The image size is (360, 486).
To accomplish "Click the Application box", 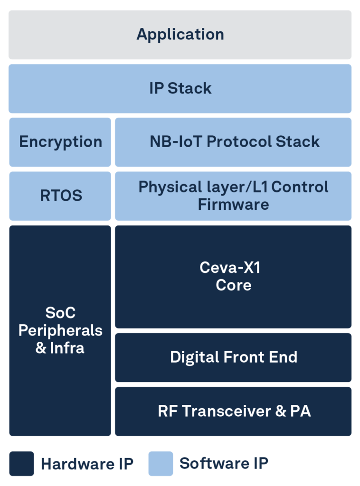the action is click(x=180, y=35).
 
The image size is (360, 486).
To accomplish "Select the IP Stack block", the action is click(x=180, y=89).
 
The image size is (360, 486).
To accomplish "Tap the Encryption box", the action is click(x=60, y=142).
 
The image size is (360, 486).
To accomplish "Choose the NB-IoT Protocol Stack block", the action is click(x=233, y=142).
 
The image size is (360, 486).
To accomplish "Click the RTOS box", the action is click(x=60, y=196).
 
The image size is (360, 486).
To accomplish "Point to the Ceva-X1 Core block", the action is click(x=233, y=277).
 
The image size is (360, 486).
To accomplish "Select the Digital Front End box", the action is click(x=233, y=358).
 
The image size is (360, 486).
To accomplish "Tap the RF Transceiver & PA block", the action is click(x=233, y=411).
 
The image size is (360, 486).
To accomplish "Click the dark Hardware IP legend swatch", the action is click(x=21, y=464).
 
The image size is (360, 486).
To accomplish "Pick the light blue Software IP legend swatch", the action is click(x=161, y=464).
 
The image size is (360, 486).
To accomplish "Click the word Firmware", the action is click(x=234, y=205).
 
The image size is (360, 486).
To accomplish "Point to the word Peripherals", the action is click(x=60, y=331).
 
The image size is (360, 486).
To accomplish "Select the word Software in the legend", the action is click(x=214, y=463).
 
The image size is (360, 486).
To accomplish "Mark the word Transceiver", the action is click(x=227, y=411).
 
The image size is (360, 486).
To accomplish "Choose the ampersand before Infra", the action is click(x=41, y=348).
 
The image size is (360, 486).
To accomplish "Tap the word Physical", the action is click(x=170, y=187).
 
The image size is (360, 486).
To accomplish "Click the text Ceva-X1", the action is click(x=230, y=268).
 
